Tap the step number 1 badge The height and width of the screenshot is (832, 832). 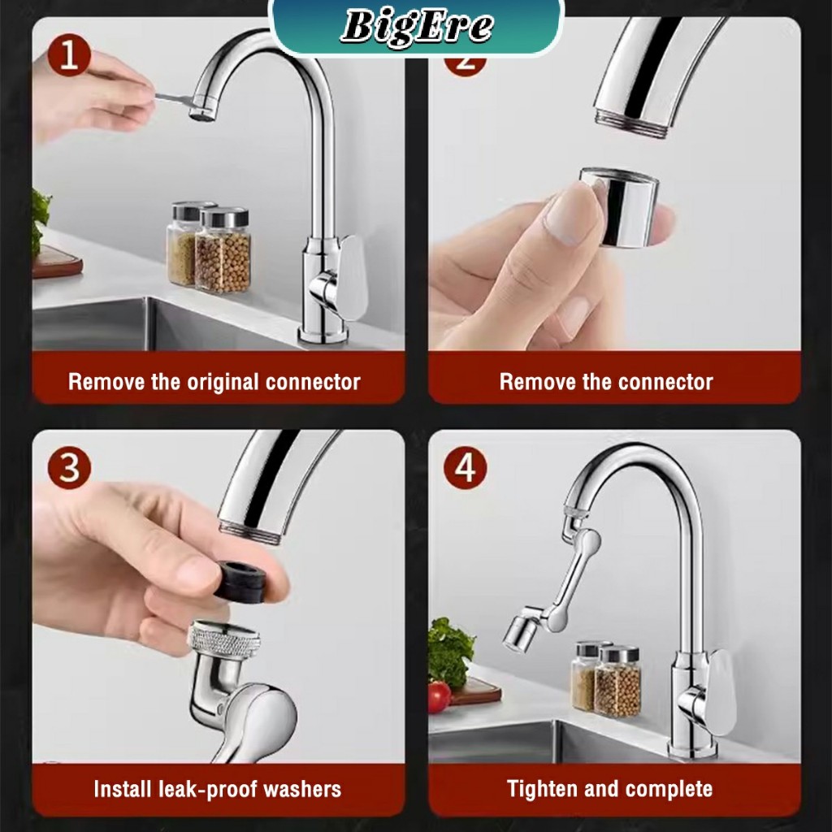coord(69,55)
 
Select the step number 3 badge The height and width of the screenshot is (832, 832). coord(69,467)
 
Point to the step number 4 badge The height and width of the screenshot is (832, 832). coord(466,467)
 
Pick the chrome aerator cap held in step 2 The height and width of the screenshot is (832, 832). coord(618,207)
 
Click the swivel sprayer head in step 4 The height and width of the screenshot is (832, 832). coord(521,629)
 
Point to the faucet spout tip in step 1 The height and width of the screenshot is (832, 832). coord(202,114)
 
